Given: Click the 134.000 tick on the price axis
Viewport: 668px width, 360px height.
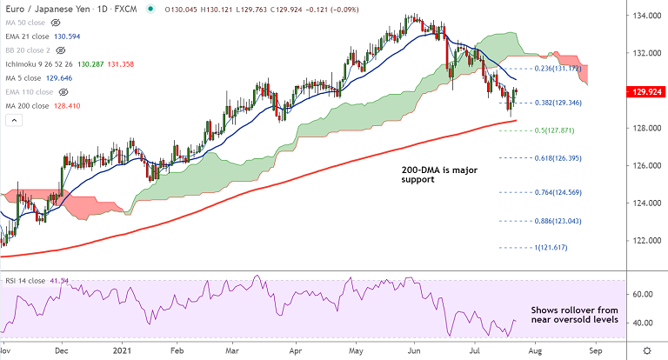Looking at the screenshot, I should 645,16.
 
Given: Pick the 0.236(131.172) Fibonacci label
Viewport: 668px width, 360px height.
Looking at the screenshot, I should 556,67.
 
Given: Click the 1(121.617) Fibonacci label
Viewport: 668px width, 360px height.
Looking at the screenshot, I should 550,248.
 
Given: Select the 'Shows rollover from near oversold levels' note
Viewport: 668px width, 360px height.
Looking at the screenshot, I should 574,315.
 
